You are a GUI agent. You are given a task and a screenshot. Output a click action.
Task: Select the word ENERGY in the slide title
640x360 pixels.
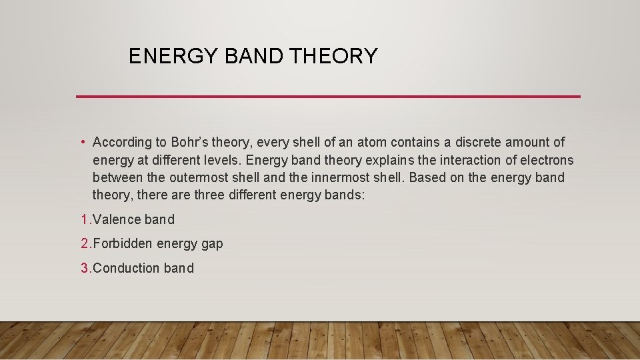point(174,56)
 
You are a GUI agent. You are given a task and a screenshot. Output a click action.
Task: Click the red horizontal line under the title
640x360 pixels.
point(328,97)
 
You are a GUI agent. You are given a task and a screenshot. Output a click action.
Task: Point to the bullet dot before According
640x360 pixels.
point(81,142)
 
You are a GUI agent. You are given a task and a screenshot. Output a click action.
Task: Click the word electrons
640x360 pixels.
point(546,160)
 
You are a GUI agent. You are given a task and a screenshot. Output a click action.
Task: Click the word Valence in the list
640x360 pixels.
point(117,219)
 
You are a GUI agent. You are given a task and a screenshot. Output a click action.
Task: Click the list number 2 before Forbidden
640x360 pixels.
point(84,244)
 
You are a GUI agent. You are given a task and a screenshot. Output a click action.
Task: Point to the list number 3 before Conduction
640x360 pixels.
point(84,268)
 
